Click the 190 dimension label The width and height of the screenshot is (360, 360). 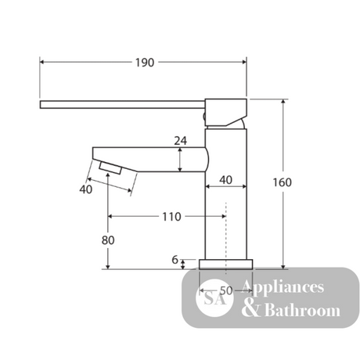pyautogui.click(x=145, y=63)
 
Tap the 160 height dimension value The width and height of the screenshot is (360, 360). pyautogui.click(x=282, y=182)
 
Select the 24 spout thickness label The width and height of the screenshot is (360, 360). pyautogui.click(x=181, y=141)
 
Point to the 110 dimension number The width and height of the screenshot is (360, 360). pyautogui.click(x=171, y=217)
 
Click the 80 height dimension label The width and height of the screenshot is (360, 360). pyautogui.click(x=108, y=240)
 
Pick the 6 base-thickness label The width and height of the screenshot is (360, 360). pyautogui.click(x=175, y=260)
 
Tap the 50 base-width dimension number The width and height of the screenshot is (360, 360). pyautogui.click(x=226, y=290)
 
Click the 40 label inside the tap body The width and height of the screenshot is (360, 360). pyautogui.click(x=225, y=180)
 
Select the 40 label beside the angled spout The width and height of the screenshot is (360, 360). pyautogui.click(x=86, y=189)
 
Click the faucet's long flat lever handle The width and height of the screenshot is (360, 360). pyautogui.click(x=122, y=104)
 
